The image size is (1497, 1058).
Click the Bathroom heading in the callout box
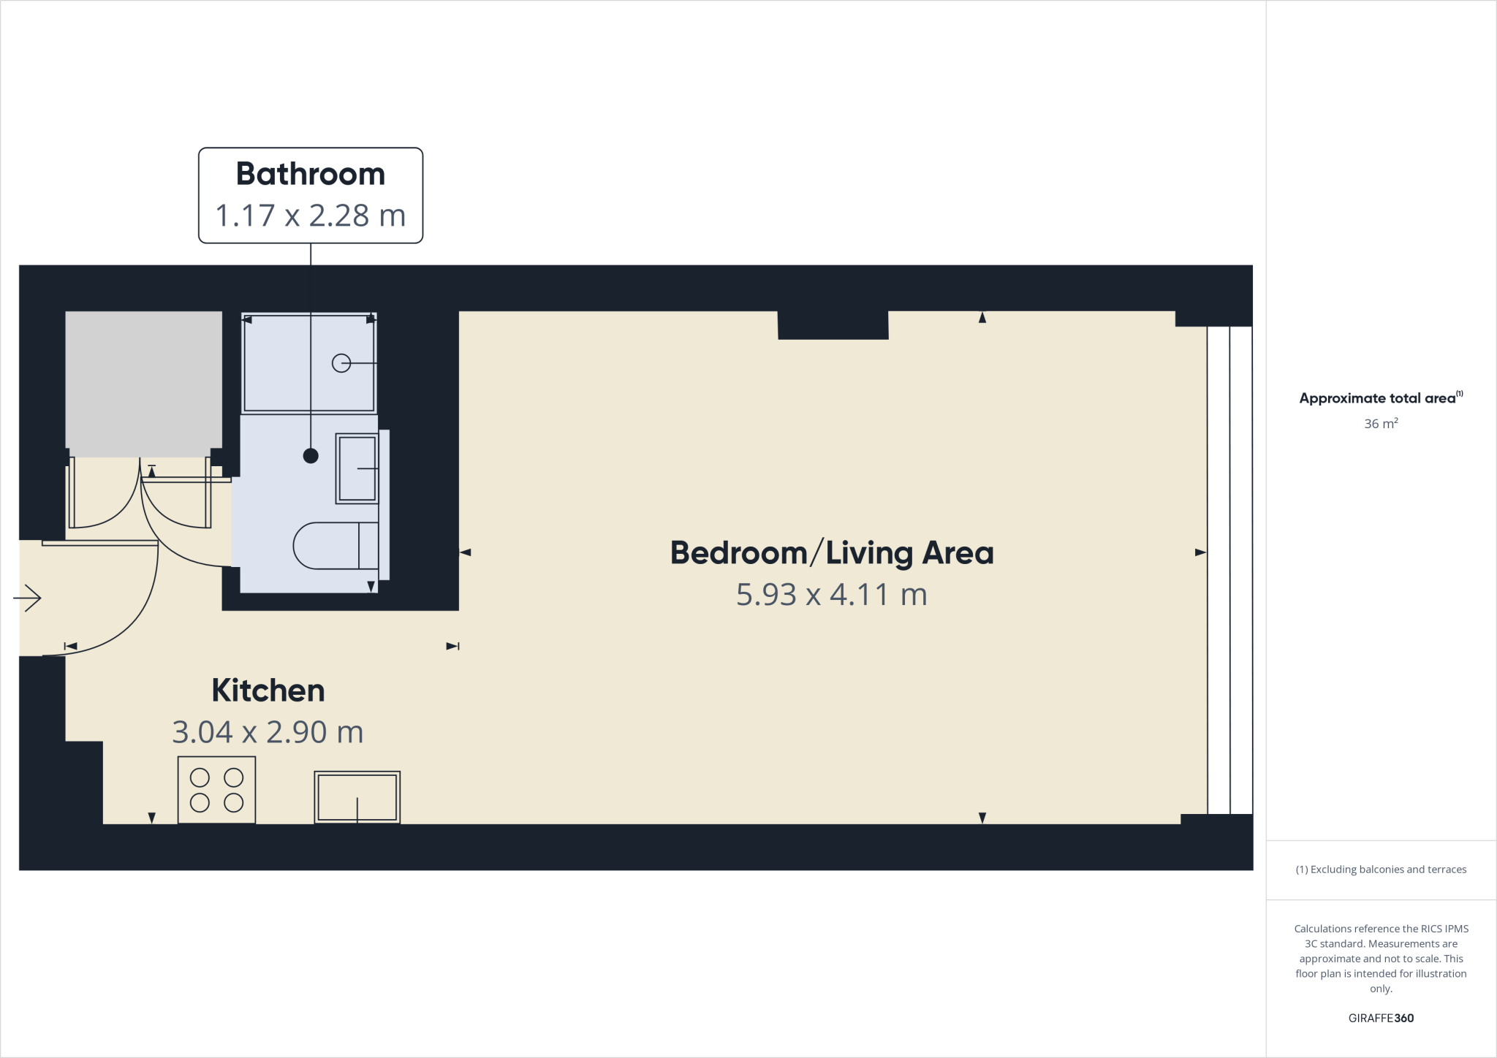310,174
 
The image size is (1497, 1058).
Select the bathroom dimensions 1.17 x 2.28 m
310,216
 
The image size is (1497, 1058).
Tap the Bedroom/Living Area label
832,553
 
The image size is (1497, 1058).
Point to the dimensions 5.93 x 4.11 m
832,595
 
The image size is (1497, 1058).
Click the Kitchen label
268,690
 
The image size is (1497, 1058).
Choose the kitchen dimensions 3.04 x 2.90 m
268,732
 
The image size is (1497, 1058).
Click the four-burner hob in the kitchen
216,790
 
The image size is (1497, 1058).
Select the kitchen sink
357,797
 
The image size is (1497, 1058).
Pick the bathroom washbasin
357,468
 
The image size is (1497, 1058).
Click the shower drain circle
341,362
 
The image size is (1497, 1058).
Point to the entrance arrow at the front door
28,598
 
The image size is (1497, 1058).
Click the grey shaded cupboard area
144,379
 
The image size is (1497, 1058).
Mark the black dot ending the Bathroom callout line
311,456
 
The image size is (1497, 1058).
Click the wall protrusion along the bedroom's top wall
833,325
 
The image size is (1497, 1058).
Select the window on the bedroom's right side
1229,570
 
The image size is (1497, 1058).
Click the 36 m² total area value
1381,424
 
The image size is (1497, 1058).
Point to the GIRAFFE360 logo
1381,1018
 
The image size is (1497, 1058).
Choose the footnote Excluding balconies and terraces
1381,869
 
